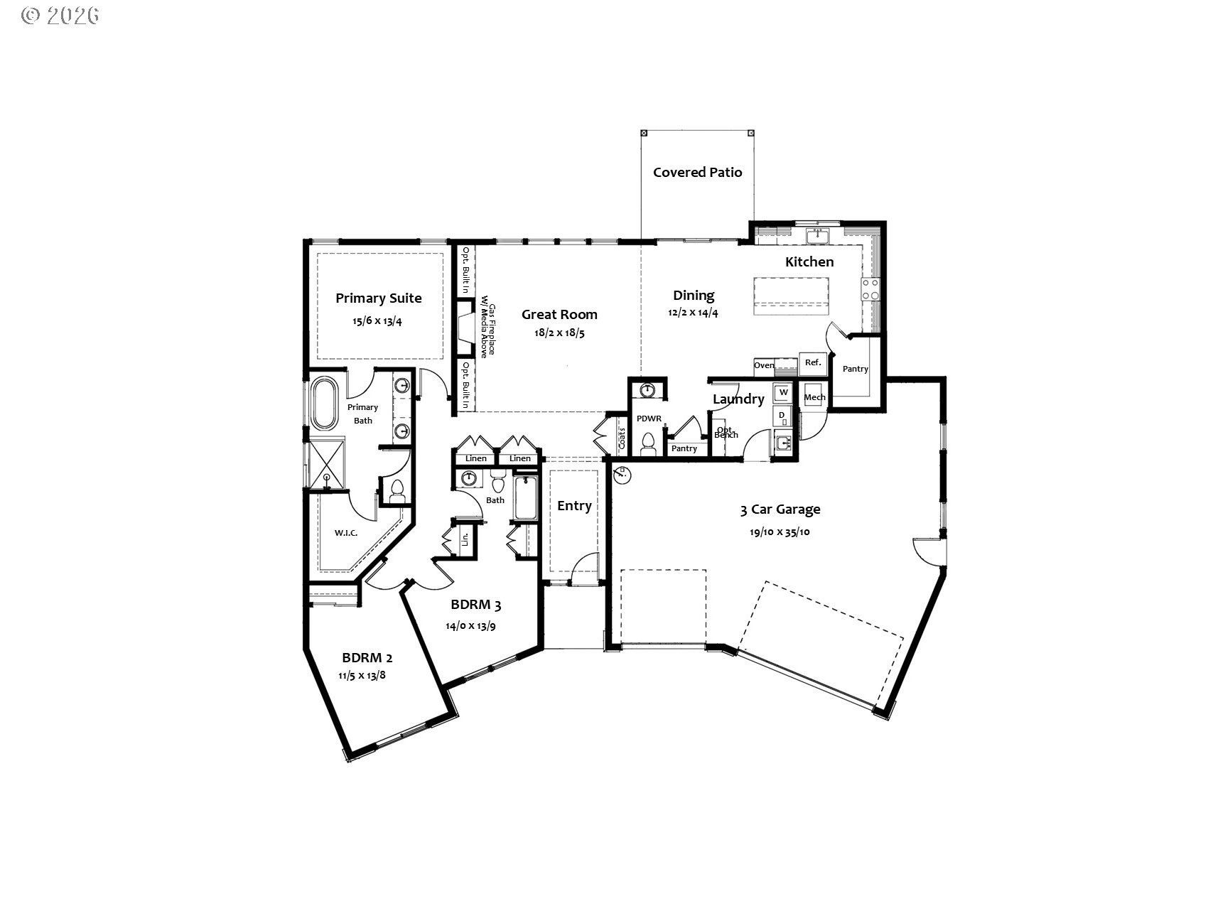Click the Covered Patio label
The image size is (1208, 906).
point(697,172)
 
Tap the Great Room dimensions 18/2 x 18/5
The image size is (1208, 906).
point(559,333)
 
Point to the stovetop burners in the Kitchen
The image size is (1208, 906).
point(870,289)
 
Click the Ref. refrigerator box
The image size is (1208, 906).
point(813,362)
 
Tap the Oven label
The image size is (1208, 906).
point(764,365)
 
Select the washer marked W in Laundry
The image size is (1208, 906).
point(783,392)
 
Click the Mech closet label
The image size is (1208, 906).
point(814,397)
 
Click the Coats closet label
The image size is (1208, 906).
point(622,436)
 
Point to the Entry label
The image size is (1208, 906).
point(574,506)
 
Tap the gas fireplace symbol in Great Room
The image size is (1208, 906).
point(465,328)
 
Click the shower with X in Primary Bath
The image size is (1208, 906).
point(326,464)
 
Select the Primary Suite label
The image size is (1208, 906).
point(378,298)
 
